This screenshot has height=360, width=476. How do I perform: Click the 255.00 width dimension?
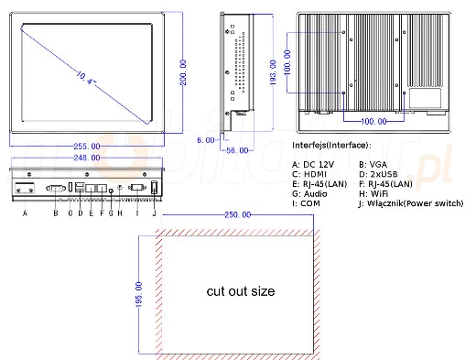pyautogui.click(x=87, y=147)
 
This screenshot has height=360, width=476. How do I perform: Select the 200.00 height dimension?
pyautogui.click(x=183, y=72)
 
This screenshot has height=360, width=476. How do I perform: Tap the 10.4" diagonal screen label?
pyautogui.click(x=85, y=78)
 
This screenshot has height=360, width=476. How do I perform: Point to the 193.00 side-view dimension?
pyautogui.click(x=273, y=72)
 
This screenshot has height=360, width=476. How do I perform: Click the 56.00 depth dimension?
pyautogui.click(x=237, y=150)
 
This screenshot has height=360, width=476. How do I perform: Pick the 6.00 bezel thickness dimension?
pyautogui.click(x=206, y=140)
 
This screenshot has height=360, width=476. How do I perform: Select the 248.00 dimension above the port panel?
pyautogui.click(x=87, y=158)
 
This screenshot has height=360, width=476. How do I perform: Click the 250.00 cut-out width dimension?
pyautogui.click(x=237, y=215)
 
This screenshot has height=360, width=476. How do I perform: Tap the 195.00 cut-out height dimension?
pyautogui.click(x=138, y=295)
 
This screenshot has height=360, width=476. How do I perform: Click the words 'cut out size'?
pyautogui.click(x=241, y=291)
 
